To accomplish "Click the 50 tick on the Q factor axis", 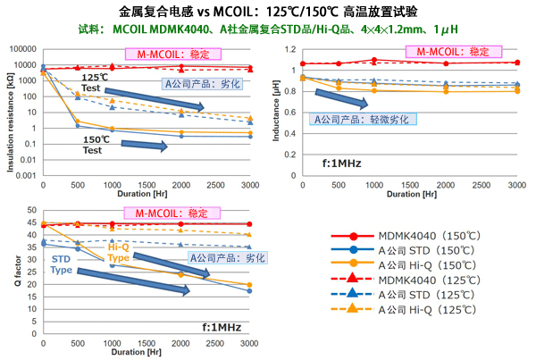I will (x=30, y=210).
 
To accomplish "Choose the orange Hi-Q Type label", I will (x=119, y=252).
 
